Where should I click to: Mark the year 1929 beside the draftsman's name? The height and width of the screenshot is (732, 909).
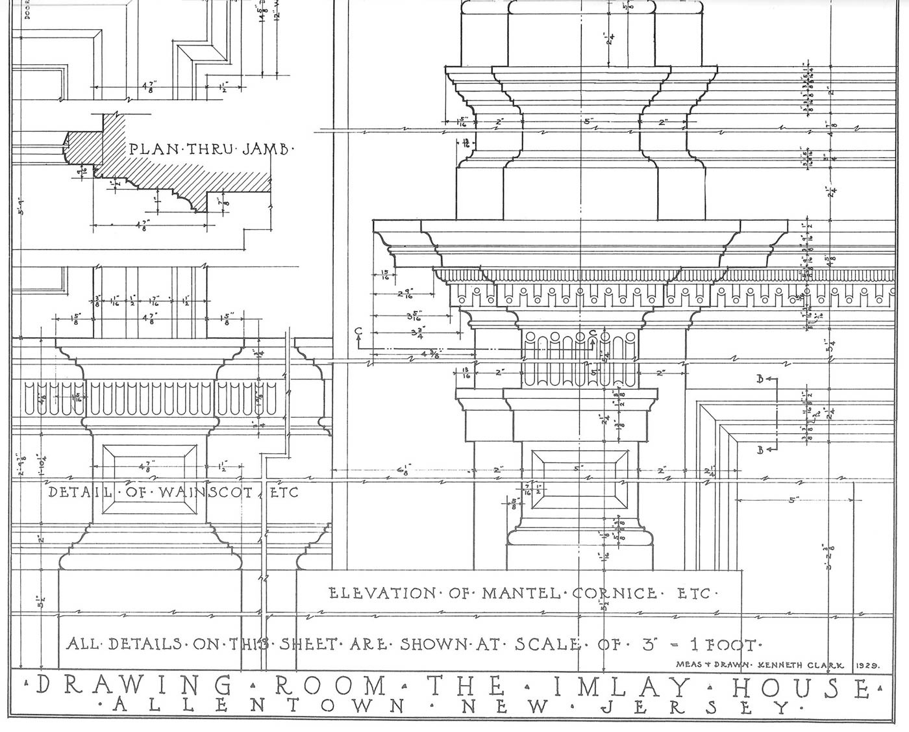(x=867, y=665)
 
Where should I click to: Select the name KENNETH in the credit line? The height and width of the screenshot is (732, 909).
(x=780, y=665)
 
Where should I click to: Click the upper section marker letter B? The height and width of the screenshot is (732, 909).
(x=760, y=379)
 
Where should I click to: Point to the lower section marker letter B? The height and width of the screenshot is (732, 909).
(x=760, y=449)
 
